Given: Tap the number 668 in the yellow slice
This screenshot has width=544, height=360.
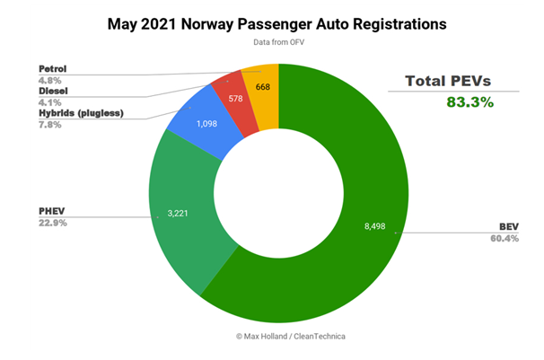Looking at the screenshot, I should [263, 86].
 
